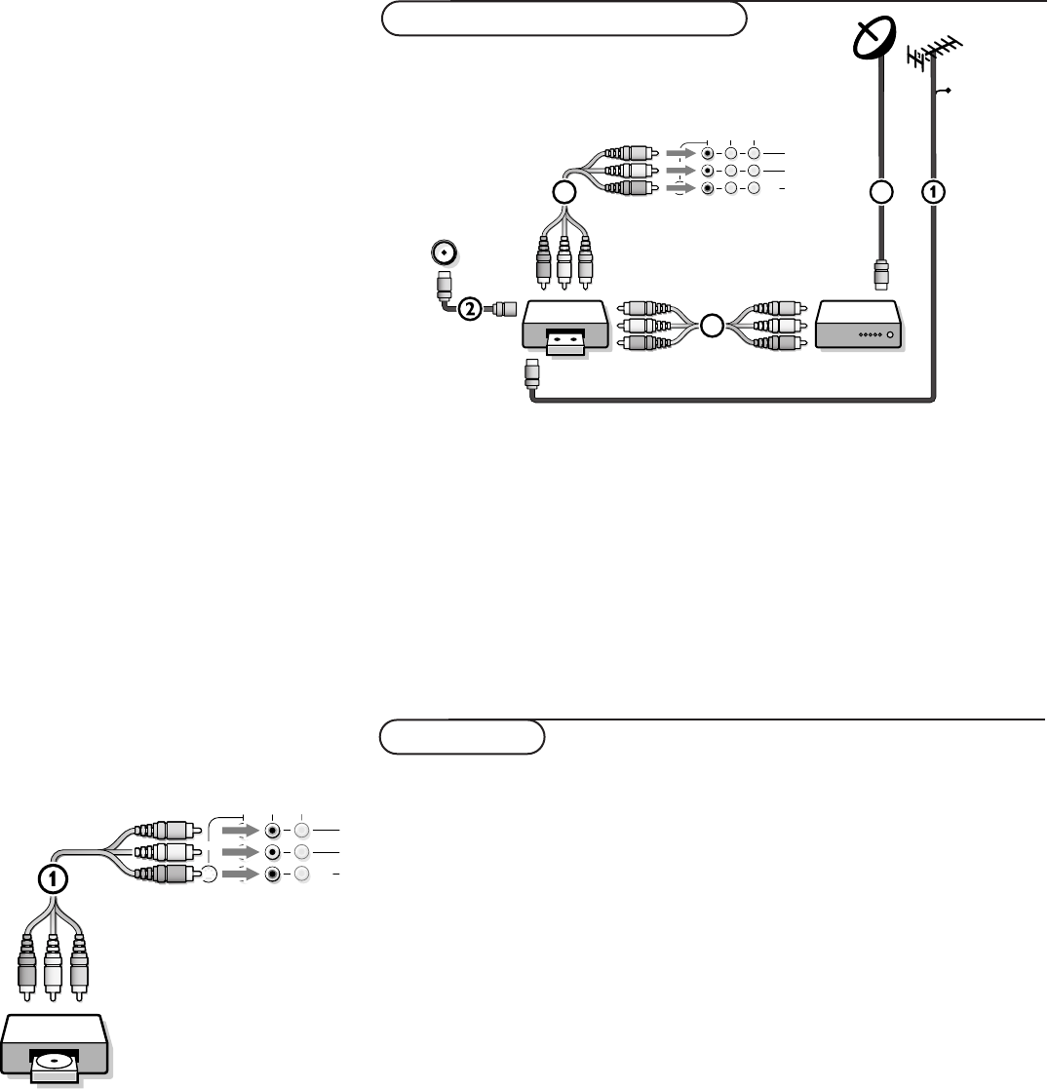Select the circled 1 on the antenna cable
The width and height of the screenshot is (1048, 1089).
[x=934, y=192]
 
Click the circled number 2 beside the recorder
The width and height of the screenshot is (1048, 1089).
[x=469, y=310]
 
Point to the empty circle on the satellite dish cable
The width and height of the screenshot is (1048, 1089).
[x=882, y=192]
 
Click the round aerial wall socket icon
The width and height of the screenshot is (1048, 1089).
[x=444, y=253]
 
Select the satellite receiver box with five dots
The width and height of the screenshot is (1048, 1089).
[x=859, y=326]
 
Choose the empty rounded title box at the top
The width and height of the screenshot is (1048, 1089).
[x=563, y=19]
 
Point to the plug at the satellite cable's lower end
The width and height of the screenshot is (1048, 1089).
[x=881, y=274]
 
